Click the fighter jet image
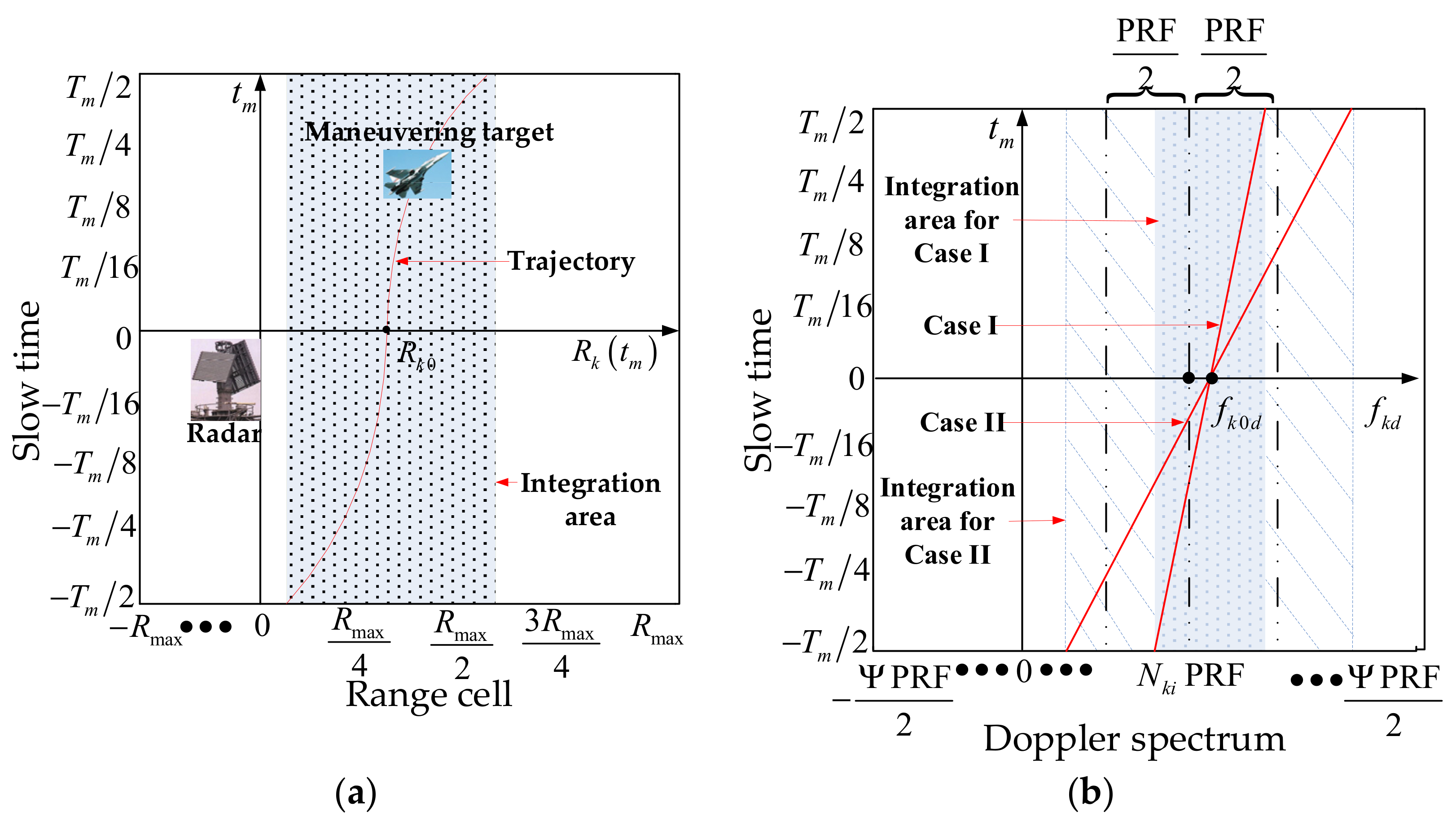(x=417, y=174)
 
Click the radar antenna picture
(x=225, y=379)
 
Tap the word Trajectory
(x=571, y=262)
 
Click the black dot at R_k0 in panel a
(x=386, y=329)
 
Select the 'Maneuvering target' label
(x=429, y=132)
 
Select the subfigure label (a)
(x=355, y=793)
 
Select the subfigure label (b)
(x=1090, y=793)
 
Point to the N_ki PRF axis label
(x=1190, y=676)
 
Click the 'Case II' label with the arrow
(x=962, y=422)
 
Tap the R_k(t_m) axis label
(x=614, y=353)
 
